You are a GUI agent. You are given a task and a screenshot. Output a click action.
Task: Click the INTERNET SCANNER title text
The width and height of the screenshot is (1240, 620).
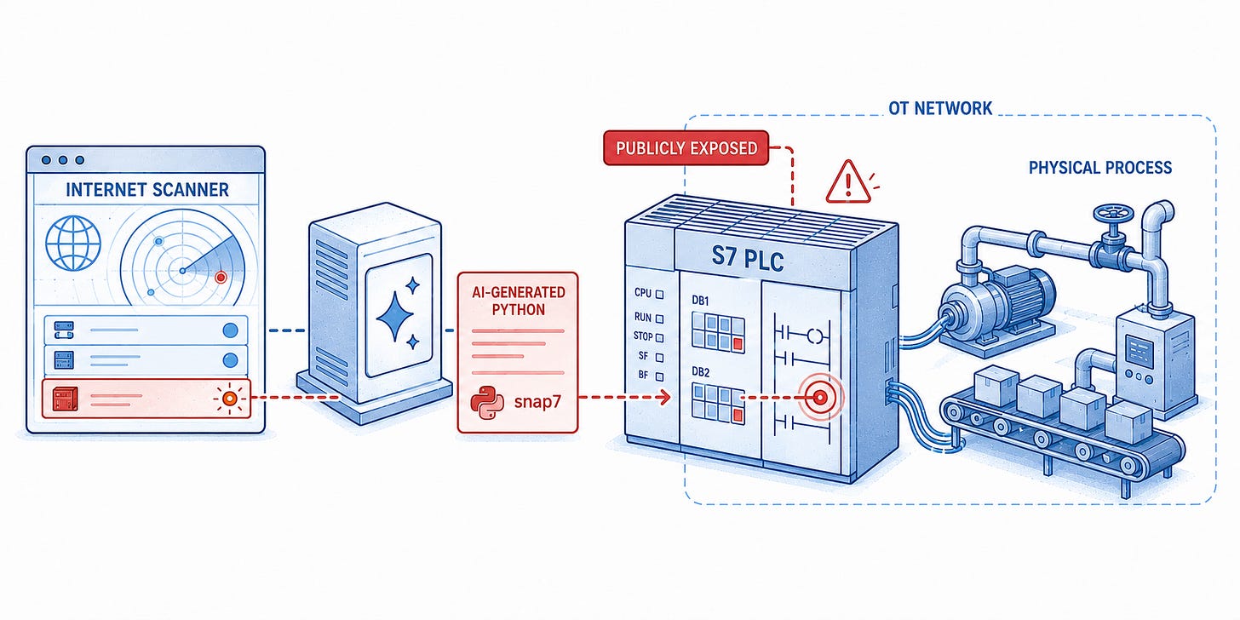coord(147,190)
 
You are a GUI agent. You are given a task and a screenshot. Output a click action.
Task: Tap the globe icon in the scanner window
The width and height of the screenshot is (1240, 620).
coord(73,243)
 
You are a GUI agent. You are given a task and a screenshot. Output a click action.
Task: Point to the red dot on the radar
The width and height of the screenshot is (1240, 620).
coord(221,277)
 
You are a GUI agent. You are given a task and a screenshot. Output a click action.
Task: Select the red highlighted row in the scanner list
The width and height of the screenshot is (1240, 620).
coord(146,399)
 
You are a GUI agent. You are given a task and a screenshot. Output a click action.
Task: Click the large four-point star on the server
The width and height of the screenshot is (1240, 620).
coord(394,317)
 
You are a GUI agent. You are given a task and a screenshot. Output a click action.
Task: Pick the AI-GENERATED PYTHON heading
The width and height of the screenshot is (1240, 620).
coord(518,301)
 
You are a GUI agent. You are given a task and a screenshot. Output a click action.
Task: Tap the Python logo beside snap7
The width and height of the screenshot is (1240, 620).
coord(487,402)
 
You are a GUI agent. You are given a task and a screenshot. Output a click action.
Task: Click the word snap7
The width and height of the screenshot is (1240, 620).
coord(537,401)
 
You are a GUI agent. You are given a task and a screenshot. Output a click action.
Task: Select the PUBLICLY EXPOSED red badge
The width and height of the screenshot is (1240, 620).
coord(686,148)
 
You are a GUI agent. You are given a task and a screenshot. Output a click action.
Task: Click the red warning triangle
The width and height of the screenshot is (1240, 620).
coord(847,182)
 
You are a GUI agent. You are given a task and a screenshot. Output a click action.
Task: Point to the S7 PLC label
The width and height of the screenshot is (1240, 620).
coord(748,258)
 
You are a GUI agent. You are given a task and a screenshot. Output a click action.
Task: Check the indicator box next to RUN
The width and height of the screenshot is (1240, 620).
coord(659,319)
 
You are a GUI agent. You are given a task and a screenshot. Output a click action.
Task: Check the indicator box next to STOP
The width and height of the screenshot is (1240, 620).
coord(659,337)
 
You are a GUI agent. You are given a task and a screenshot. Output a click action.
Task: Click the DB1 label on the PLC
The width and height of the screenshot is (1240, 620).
coord(700,301)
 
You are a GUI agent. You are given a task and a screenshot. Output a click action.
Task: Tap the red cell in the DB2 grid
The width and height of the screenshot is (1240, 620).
coord(737,416)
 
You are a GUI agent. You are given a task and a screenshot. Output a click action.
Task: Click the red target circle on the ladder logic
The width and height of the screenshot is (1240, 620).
coord(820,397)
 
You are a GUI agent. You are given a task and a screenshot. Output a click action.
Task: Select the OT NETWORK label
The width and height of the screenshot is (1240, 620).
coord(940,108)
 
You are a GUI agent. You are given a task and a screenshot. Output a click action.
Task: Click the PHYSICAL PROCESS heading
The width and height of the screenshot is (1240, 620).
coord(1100,168)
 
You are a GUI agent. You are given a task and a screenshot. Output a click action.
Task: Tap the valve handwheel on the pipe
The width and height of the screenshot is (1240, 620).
coord(1113,213)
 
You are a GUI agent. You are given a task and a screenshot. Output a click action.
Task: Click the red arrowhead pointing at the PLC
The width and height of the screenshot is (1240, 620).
coord(665,397)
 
